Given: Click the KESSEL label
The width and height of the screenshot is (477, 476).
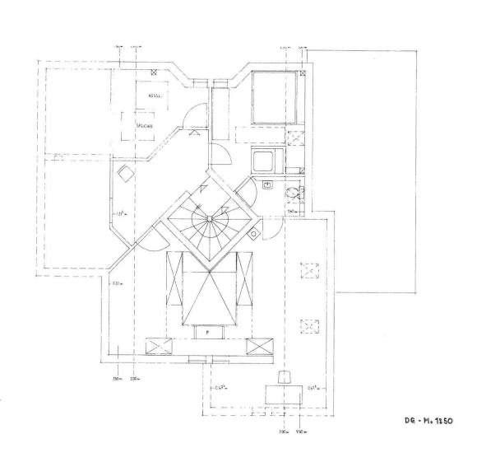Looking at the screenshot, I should (154, 96).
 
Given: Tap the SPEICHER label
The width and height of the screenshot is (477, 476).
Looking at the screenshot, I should (145, 124).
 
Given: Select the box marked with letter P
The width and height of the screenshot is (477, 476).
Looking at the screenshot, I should (208, 332).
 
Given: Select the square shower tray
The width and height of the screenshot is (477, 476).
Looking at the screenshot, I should (266, 160).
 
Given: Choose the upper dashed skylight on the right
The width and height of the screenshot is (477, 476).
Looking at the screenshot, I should (310, 271).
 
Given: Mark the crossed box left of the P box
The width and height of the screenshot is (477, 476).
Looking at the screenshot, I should (159, 344).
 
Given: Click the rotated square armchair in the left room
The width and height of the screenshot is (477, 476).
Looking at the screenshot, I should (126, 174).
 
